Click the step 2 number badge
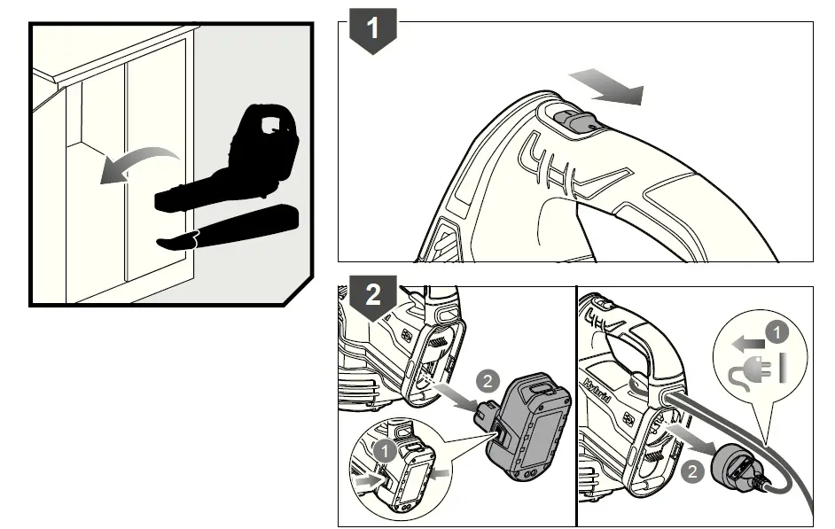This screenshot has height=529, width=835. [374, 295]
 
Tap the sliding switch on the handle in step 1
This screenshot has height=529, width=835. [571, 122]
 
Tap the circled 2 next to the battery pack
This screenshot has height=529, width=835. [487, 381]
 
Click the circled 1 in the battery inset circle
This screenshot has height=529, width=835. [385, 449]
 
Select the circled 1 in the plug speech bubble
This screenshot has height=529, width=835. [776, 333]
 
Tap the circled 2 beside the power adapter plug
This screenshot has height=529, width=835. [693, 471]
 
